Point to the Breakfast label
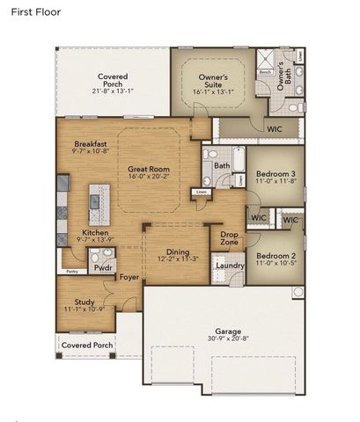pyautogui.click(x=91, y=143)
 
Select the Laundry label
pyautogui.click(x=230, y=266)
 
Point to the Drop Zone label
pyautogui.click(x=230, y=238)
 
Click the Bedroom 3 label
pyautogui.click(x=275, y=175)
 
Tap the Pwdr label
pyautogui.click(x=103, y=266)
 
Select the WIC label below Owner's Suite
pyautogui.click(x=275, y=128)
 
